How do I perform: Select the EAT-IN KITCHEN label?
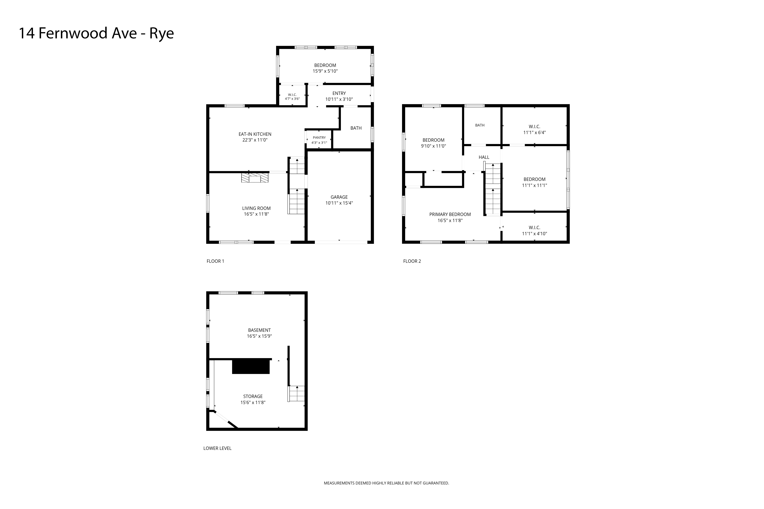pos(255,134)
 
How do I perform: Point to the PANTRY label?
pos(319,138)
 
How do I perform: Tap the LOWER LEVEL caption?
pos(217,448)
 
